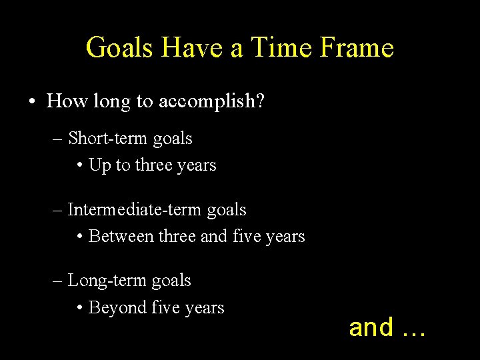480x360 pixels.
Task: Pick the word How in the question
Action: [x=63, y=101]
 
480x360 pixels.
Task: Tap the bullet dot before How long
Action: [x=32, y=102]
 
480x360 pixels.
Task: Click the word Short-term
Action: [x=109, y=139]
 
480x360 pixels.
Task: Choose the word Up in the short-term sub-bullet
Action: [x=99, y=165]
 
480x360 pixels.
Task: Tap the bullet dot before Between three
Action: [x=80, y=237]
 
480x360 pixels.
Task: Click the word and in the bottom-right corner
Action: [x=371, y=327]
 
